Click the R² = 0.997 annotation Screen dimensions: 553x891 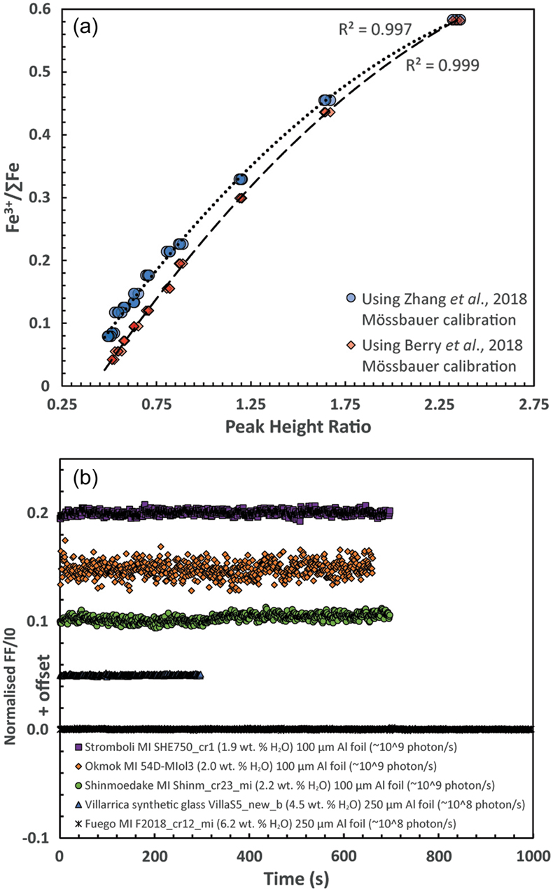tap(374, 29)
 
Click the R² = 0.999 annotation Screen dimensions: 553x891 tap(442, 65)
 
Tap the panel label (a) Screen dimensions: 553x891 tap(85, 28)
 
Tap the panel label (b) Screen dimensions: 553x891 tap(85, 479)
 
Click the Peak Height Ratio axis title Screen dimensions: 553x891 tap(298, 427)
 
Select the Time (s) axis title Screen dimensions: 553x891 tap(296, 878)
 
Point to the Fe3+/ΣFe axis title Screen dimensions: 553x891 tap(13, 197)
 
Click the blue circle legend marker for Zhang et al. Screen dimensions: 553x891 tap(351, 298)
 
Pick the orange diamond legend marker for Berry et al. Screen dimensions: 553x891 tap(351, 345)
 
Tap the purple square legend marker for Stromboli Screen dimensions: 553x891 tap(78, 747)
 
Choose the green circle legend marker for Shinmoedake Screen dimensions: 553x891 tap(78, 785)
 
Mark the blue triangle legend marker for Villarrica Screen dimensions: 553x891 tap(78, 805)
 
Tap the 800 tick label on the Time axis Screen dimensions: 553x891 tap(439, 857)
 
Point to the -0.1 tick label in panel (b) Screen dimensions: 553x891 tap(36, 839)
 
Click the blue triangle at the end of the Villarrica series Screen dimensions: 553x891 tap(200, 675)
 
